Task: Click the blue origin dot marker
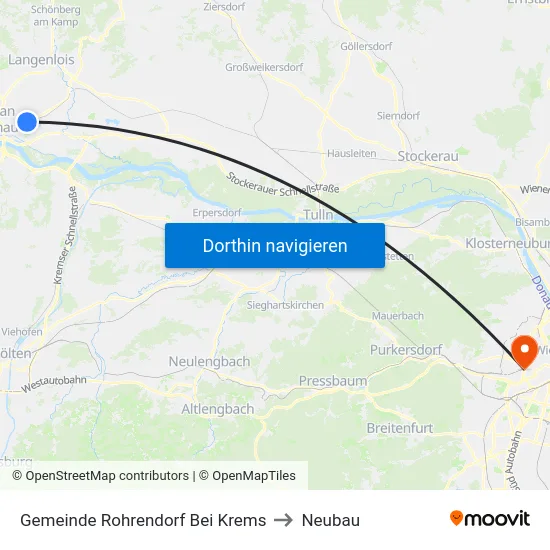27,122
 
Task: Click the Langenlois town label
41,60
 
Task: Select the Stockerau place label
427,157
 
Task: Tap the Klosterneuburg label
507,243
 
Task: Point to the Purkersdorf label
405,349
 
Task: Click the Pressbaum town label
333,381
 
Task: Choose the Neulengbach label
209,361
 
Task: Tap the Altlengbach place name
217,409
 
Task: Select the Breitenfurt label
401,427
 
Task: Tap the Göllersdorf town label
366,46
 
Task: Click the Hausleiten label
351,153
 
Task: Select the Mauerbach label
398,316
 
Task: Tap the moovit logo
489,519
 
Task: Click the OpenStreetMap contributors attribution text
107,476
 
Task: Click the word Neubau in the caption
331,520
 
